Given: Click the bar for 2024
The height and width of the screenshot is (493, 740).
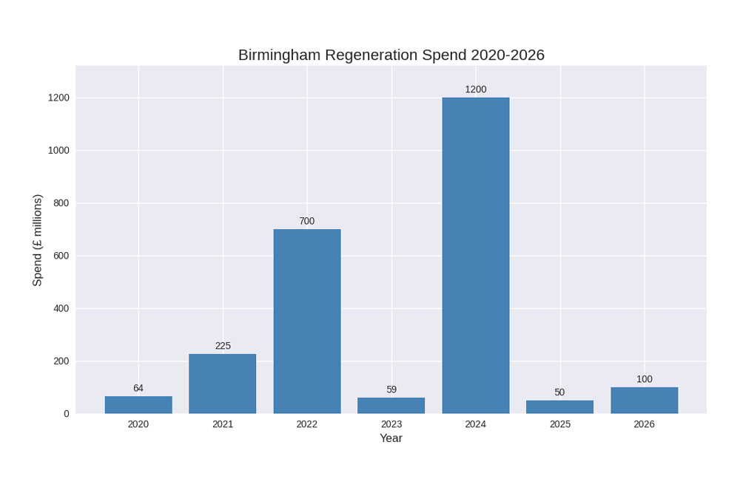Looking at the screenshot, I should click(476, 255).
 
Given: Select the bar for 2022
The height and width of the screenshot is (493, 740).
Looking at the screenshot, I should click(307, 321).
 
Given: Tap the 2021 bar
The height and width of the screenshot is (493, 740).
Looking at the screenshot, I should click(223, 384).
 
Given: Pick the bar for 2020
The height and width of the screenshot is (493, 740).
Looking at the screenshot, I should click(138, 405).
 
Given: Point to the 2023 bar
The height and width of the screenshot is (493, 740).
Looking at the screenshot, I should click(391, 406).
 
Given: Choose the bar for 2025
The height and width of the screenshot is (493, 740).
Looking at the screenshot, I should click(560, 407).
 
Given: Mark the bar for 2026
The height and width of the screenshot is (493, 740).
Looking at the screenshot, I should click(645, 401).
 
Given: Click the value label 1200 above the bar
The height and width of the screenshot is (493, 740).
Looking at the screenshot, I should click(476, 89).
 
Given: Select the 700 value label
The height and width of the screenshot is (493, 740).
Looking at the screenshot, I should click(307, 221).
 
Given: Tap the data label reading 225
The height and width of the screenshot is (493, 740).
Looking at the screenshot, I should click(223, 346).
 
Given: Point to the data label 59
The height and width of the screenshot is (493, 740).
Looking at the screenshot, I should click(391, 390).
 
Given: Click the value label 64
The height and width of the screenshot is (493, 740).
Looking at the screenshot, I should click(138, 388).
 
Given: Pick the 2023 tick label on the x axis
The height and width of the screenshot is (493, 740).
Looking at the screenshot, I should click(391, 424).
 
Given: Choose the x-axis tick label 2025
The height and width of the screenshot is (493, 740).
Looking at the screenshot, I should click(560, 424).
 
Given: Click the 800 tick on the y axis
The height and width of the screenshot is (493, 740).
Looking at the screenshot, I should click(61, 203).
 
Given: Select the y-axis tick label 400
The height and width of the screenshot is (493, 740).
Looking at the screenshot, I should click(61, 308).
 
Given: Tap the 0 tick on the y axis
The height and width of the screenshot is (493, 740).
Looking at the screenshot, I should click(67, 414).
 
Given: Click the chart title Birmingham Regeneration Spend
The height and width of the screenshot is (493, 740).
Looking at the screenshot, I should click(391, 55).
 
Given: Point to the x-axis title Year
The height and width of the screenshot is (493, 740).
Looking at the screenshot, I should click(391, 438).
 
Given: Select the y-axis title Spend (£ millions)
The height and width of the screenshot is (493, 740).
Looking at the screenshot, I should click(38, 240).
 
